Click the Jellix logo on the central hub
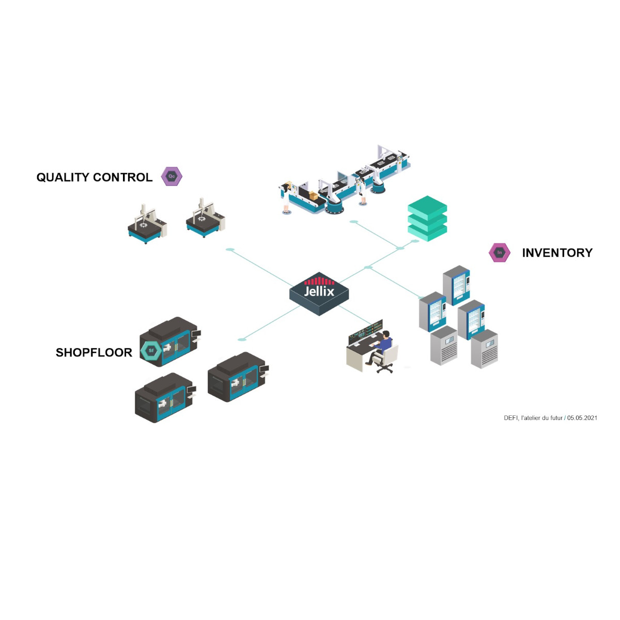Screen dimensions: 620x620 click(x=319, y=287)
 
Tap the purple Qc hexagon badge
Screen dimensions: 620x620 click(x=172, y=176)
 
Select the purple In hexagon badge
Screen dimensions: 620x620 click(x=499, y=253)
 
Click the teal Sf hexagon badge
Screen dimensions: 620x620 click(x=151, y=350)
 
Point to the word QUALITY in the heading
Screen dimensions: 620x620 click(x=63, y=177)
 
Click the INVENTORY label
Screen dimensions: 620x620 click(x=557, y=253)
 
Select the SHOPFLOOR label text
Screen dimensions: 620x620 click(x=94, y=352)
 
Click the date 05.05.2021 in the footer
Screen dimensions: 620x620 click(x=582, y=418)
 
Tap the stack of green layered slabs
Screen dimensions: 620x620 click(x=427, y=218)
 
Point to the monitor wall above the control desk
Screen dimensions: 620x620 click(x=366, y=331)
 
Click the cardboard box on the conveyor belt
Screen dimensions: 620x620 click(x=313, y=195)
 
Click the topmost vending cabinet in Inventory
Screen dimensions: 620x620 click(x=456, y=285)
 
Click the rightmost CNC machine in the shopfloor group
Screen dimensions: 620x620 click(x=238, y=377)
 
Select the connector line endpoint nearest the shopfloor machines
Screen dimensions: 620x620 click(x=242, y=339)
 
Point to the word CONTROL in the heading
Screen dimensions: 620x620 click(x=122, y=177)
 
